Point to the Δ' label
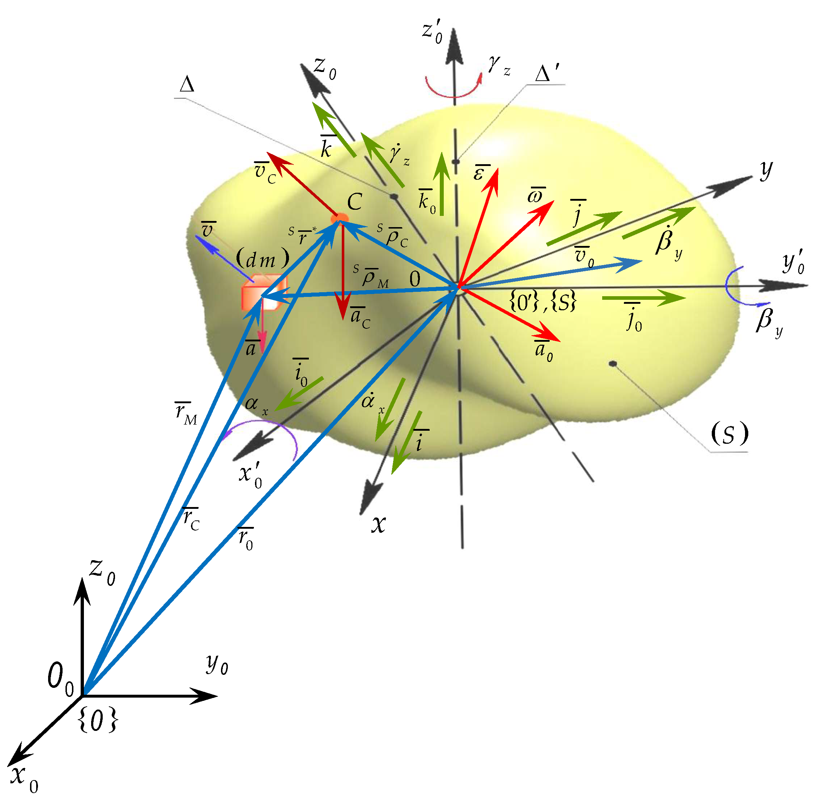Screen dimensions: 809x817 (x=548, y=74)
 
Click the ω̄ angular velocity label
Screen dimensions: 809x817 (x=536, y=195)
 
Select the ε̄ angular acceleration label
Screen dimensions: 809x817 (x=481, y=172)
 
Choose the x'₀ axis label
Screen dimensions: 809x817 (x=250, y=476)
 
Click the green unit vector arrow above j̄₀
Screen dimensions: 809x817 (x=643, y=298)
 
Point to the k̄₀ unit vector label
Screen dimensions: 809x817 (x=426, y=201)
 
